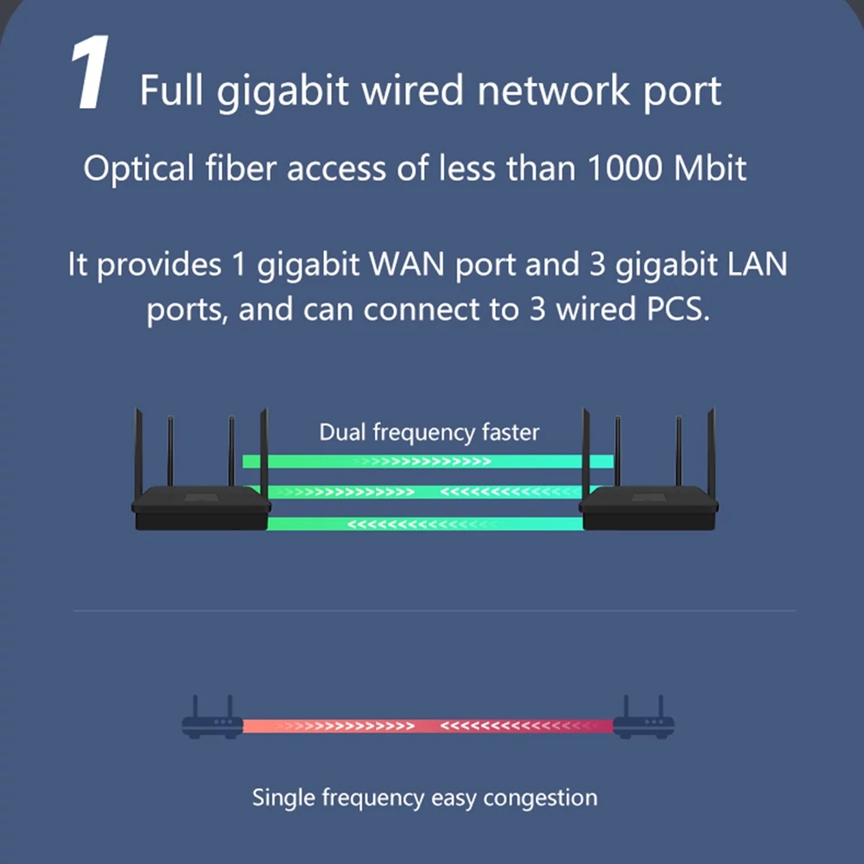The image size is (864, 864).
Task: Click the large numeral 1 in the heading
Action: (91, 73)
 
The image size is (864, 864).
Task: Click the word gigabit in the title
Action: (283, 92)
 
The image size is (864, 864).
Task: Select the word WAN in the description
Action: (407, 264)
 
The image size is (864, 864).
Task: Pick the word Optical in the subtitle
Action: (139, 168)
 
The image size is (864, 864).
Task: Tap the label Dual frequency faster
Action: (429, 433)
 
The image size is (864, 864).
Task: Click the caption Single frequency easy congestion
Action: (425, 797)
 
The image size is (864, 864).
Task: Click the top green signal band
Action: (429, 461)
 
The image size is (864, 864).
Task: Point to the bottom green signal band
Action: (425, 524)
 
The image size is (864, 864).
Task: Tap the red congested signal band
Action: (429, 727)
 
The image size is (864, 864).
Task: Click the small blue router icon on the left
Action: (213, 717)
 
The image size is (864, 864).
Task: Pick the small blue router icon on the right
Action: (644, 717)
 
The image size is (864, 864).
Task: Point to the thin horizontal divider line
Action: (435, 611)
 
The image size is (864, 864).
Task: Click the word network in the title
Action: (553, 91)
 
